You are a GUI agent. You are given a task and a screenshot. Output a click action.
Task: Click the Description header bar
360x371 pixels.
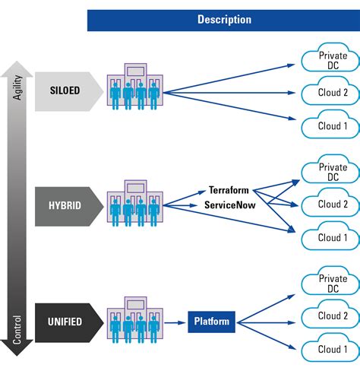223,20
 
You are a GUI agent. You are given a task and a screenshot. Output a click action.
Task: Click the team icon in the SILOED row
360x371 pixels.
133,90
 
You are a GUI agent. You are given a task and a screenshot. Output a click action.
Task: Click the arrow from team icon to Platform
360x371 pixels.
175,322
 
